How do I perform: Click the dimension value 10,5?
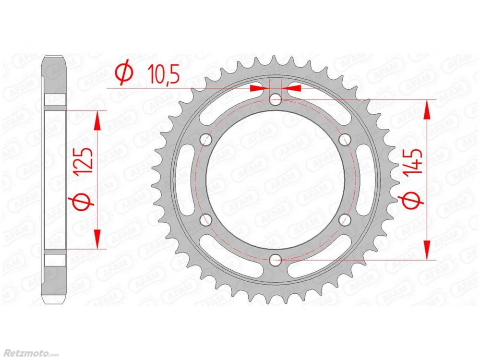click(163, 74)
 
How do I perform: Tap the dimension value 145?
click(412, 163)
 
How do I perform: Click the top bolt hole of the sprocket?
click(275, 99)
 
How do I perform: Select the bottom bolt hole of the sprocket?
click(275, 260)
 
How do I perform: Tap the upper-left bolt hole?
click(206, 140)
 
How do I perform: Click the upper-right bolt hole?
click(345, 140)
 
